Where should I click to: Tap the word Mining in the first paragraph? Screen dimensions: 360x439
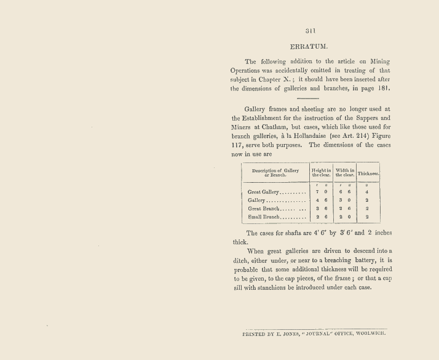[381, 62]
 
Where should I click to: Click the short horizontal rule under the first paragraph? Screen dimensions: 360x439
[307, 98]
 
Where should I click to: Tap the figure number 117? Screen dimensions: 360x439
[239, 145]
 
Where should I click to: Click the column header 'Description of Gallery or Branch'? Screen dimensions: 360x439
[275, 172]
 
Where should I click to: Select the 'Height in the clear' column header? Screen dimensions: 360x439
[321, 172]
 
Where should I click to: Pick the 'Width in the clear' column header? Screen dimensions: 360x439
[345, 172]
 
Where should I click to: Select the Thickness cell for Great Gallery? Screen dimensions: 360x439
[366, 192]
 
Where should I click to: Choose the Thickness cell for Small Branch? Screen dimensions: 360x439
[366, 217]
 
